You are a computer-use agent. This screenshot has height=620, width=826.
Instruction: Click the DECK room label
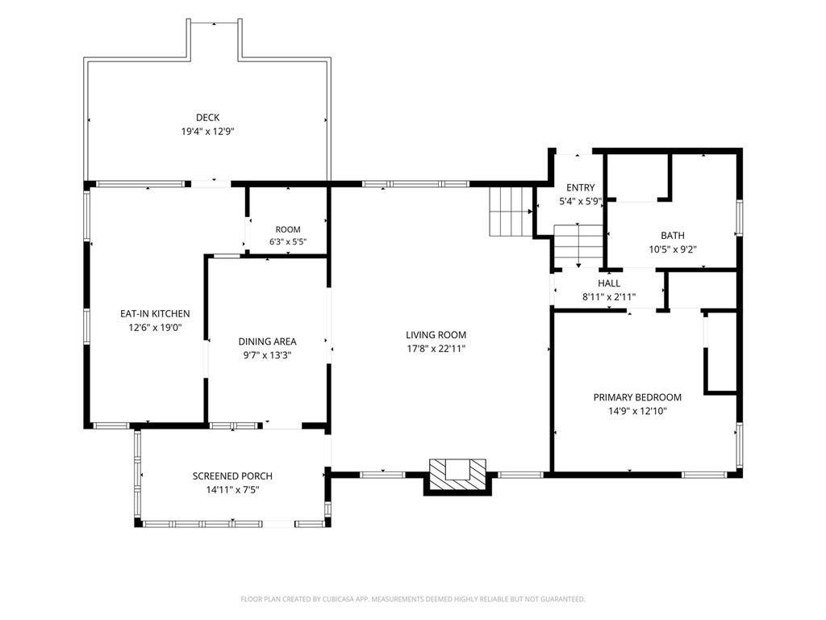click(x=207, y=118)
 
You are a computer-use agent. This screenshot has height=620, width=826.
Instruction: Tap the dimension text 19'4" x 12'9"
click(x=207, y=132)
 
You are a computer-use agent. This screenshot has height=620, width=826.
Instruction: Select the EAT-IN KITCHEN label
click(x=155, y=314)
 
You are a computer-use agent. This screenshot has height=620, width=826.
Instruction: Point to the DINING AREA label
click(x=267, y=341)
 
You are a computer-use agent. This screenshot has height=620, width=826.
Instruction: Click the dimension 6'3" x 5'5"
click(x=288, y=242)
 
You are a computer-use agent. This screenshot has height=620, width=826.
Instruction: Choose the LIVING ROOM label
click(x=436, y=335)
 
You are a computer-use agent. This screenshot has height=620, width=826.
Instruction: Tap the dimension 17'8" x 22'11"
click(x=436, y=349)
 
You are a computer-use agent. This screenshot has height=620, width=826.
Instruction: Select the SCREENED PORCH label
click(x=232, y=476)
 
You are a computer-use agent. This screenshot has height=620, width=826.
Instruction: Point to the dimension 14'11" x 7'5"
click(x=232, y=490)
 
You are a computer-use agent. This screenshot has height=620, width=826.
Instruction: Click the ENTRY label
click(x=581, y=187)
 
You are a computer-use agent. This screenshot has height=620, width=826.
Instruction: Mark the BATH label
click(x=673, y=236)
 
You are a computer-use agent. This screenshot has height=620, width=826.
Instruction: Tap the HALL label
click(x=609, y=283)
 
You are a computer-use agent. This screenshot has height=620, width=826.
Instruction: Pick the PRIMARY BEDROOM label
click(x=637, y=397)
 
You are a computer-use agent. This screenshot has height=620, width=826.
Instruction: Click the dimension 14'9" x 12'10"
click(x=637, y=411)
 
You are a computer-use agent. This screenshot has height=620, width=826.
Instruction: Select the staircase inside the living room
click(x=511, y=212)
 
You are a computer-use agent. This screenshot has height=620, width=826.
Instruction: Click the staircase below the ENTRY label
click(x=578, y=246)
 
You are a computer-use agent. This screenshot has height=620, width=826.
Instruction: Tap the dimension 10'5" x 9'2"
click(x=673, y=249)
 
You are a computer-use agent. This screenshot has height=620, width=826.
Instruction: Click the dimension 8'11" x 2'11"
click(x=609, y=297)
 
